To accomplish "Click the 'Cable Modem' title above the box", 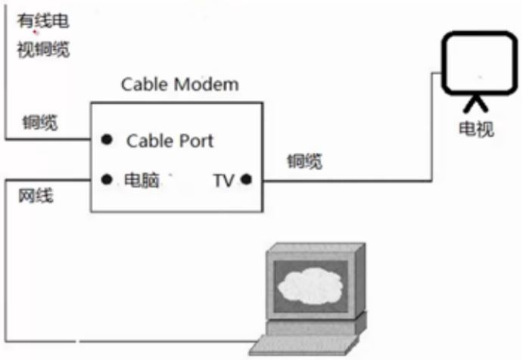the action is pos(180,84).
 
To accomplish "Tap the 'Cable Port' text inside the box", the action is pos(170,141).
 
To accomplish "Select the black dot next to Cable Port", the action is pos(107,139).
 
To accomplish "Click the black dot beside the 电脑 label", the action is pos(107,179).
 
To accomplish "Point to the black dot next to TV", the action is pos(246,179).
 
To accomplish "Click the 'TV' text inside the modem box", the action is pos(224,181).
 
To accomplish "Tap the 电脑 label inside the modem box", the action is pos(142,180).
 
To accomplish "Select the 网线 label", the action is pos(36,195).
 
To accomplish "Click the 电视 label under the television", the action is pos(476,129).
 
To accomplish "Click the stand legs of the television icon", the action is pos(475,104).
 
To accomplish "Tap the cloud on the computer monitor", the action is pos(310,287).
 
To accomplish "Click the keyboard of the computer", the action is pos(304,345).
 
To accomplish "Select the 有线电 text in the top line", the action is pos(43,20).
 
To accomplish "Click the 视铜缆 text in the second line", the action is pos(43,50).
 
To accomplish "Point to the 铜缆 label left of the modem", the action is pos(40,123).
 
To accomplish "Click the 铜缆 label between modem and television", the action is pos(305,161).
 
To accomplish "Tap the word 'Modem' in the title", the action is pos(206,84).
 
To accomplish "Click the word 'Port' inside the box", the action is pos(197,141).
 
